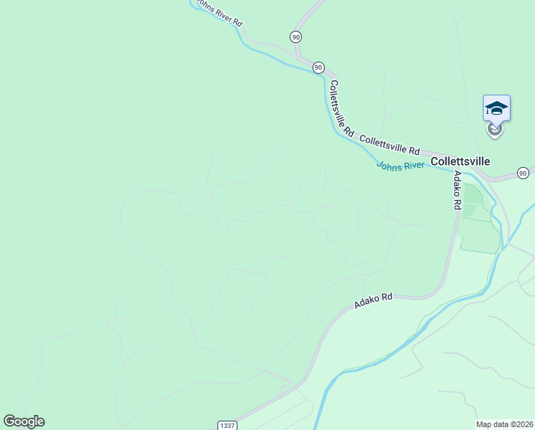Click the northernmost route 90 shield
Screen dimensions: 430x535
[296, 37]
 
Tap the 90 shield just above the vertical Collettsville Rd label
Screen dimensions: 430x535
[318, 67]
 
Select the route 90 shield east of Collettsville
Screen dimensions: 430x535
[523, 173]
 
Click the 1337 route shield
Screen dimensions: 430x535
[227, 425]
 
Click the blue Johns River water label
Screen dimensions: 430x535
[401, 166]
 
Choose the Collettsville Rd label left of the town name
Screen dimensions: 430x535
[389, 144]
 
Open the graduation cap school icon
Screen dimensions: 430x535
[496, 109]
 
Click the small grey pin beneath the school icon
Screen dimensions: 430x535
[494, 130]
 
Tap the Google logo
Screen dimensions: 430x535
[24, 421]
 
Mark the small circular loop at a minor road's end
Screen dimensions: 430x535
[344, 255]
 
